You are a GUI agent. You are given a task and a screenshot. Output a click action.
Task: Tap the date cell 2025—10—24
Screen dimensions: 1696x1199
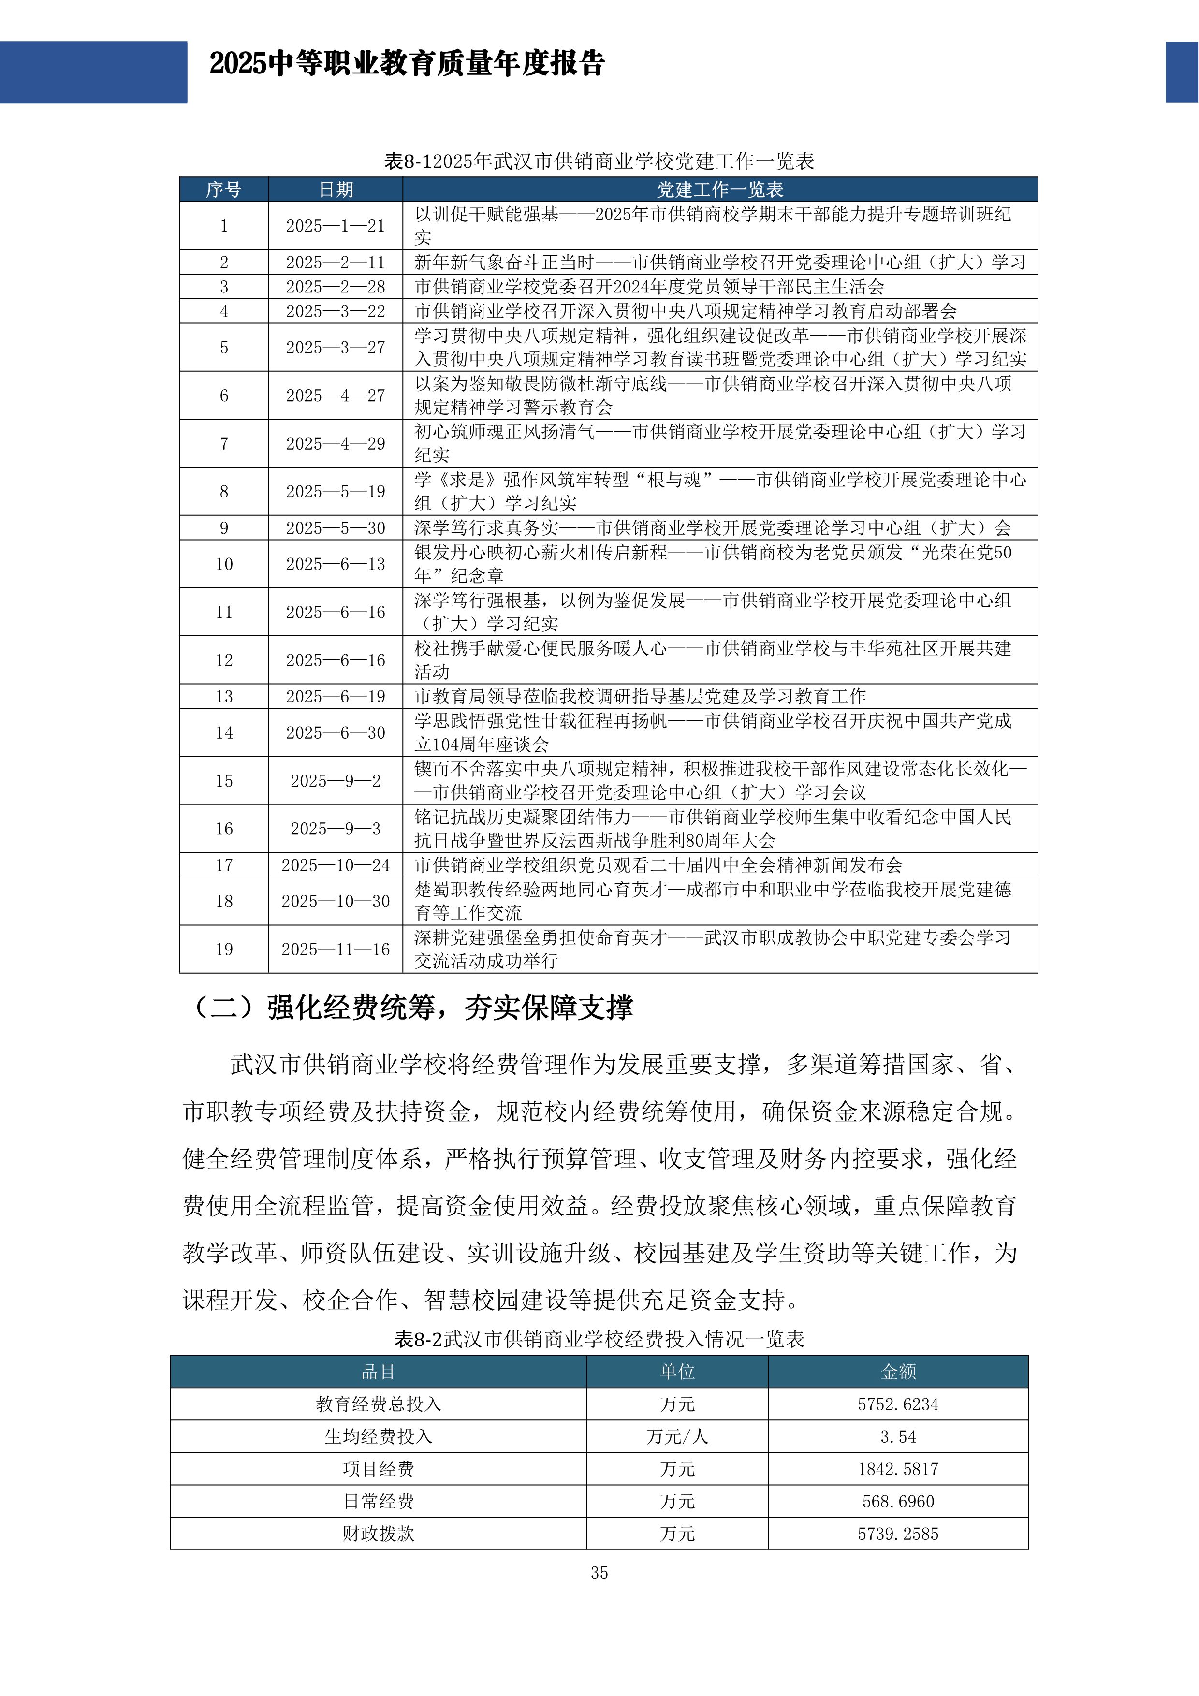[x=336, y=865]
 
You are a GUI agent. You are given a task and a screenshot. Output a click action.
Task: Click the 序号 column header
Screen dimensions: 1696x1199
[x=224, y=190]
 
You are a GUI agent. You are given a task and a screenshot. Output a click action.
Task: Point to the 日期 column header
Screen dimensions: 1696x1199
[x=336, y=190]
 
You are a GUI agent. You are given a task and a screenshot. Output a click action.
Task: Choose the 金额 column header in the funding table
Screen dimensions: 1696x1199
[x=898, y=1372]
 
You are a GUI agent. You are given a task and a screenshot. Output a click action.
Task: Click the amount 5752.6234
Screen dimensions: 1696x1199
[x=898, y=1404]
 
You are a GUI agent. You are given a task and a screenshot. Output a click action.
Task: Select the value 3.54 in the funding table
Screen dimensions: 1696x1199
[x=898, y=1437]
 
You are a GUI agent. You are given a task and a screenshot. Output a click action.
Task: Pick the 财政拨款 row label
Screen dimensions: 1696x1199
[x=378, y=1534]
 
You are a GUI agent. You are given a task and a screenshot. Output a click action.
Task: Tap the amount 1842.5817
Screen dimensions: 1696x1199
[x=898, y=1469]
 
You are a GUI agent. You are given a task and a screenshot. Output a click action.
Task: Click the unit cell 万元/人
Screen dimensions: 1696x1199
[x=677, y=1437]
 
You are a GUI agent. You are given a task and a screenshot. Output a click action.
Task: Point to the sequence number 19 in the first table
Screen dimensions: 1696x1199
[x=224, y=949]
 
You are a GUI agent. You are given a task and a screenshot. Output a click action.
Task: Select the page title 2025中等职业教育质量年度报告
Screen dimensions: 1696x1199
[x=407, y=63]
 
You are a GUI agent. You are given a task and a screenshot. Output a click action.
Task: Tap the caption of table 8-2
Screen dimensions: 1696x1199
[x=599, y=1339]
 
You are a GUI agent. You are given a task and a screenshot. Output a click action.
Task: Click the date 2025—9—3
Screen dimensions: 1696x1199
[x=336, y=829]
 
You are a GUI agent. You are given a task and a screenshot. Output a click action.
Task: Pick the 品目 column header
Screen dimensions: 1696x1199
[x=378, y=1372]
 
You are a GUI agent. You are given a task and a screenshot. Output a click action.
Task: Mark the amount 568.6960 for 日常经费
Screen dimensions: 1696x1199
[x=898, y=1502]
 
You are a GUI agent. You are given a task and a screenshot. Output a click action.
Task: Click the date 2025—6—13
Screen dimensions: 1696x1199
[x=336, y=564]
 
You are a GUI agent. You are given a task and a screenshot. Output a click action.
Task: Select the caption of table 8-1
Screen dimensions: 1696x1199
[x=599, y=161]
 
